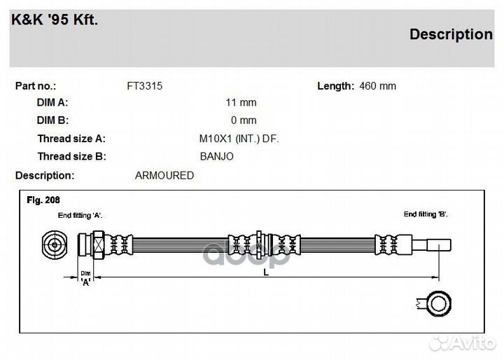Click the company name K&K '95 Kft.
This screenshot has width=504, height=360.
pos(55,20)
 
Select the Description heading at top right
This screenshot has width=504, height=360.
pos(450,34)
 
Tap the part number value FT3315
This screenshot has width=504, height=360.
pos(145,86)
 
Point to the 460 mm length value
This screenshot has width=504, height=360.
pos(377,86)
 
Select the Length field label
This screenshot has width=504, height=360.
pos(335,86)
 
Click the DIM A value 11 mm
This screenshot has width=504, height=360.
pos(241,102)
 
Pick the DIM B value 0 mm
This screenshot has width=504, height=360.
pos(244,120)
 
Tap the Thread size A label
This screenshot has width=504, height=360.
pos(71,139)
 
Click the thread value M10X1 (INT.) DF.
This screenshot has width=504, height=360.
pos(239,139)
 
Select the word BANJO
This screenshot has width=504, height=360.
pos(216,157)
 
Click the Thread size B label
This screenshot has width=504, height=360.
pos(71,157)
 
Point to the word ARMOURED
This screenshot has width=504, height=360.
pos(164,176)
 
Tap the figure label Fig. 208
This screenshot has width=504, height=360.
pos(43,200)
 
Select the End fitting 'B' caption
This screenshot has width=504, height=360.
pos(424,214)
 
